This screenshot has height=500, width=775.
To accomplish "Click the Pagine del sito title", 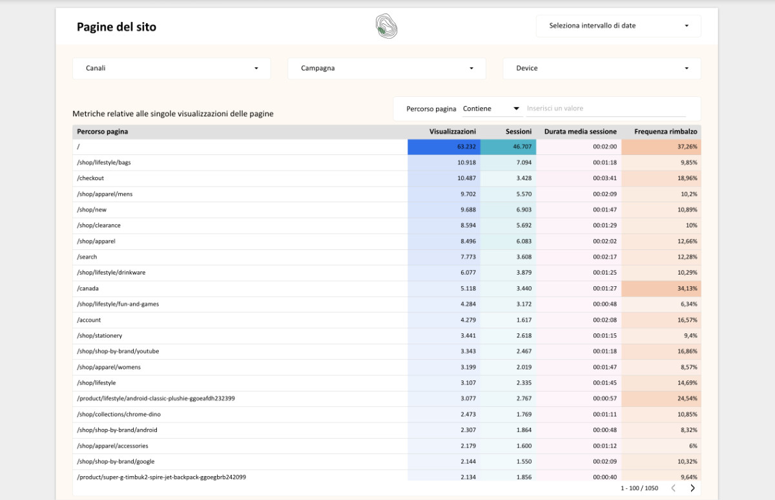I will pyautogui.click(x=116, y=27).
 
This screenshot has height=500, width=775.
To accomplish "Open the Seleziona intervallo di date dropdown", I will pyautogui.click(x=618, y=26).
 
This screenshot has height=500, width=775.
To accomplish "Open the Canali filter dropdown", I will pyautogui.click(x=171, y=68).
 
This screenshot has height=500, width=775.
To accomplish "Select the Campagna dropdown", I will pyautogui.click(x=386, y=68).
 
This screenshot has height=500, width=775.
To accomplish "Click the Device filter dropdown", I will pyautogui.click(x=601, y=68).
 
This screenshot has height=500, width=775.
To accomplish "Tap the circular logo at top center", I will pyautogui.click(x=386, y=26).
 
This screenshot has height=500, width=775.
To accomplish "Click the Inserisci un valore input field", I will pyautogui.click(x=605, y=109).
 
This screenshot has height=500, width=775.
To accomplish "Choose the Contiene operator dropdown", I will pyautogui.click(x=491, y=109).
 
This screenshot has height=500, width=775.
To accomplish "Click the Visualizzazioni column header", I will pyautogui.click(x=452, y=132).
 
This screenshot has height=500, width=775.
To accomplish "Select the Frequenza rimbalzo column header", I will pyautogui.click(x=665, y=132).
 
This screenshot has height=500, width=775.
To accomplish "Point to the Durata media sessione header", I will pyautogui.click(x=580, y=132).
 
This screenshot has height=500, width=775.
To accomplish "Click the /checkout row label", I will pyautogui.click(x=90, y=178).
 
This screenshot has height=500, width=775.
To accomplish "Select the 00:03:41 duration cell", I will pyautogui.click(x=605, y=178).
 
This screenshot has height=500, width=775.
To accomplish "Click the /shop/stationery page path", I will pyautogui.click(x=99, y=336).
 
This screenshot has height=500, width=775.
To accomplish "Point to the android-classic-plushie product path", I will pyautogui.click(x=156, y=399).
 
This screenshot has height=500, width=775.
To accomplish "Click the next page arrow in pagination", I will pyautogui.click(x=692, y=488).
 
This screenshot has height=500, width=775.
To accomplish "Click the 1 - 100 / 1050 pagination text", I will pyautogui.click(x=639, y=488).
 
